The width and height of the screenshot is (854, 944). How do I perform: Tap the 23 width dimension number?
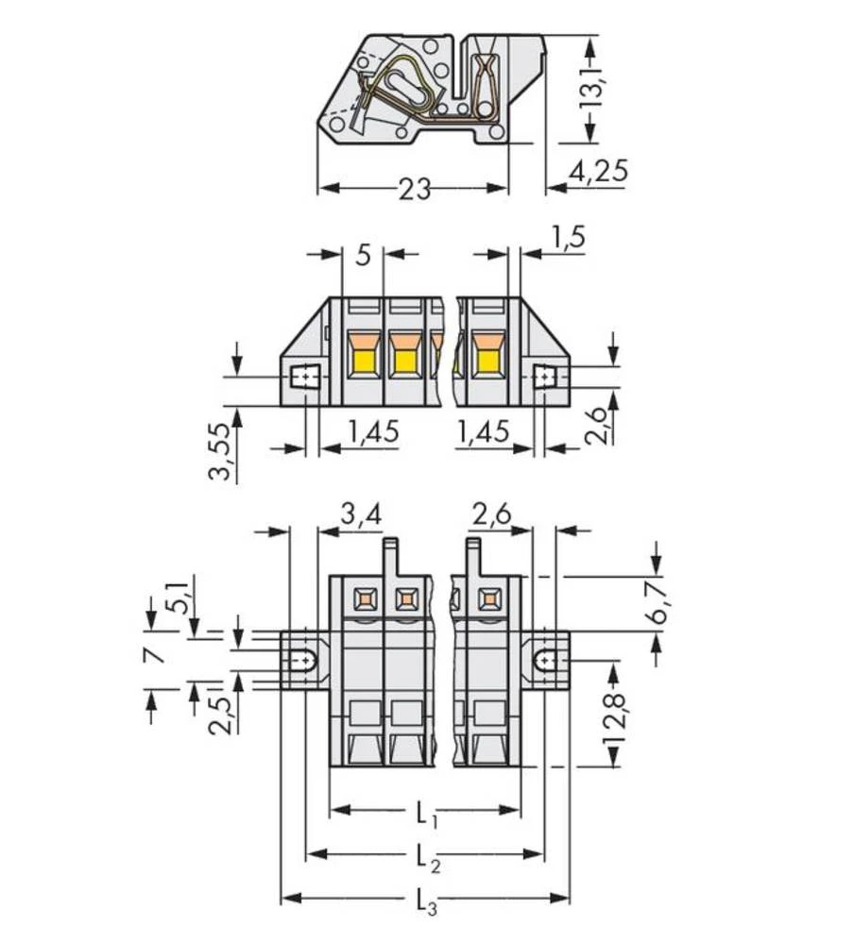tap(413, 190)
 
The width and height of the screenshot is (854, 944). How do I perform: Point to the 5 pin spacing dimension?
tap(363, 255)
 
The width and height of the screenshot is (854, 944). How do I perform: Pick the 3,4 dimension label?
tap(360, 515)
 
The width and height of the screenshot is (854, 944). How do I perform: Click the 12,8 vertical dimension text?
tap(615, 719)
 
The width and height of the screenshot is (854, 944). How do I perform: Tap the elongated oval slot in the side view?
tap(409, 93)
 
